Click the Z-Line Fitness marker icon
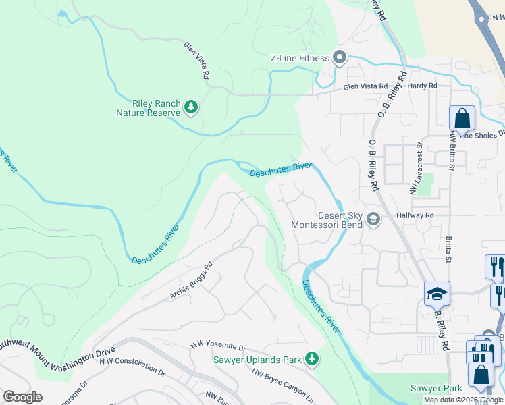[339, 58]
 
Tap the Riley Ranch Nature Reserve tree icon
[191, 107]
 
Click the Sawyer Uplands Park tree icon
[311, 358]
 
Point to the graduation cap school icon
[437, 294]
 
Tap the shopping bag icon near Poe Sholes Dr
[462, 119]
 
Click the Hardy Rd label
[423, 86]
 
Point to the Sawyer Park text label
[436, 388]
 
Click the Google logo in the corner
[22, 397]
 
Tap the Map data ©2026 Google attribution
[462, 400]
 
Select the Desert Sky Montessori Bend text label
[326, 220]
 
